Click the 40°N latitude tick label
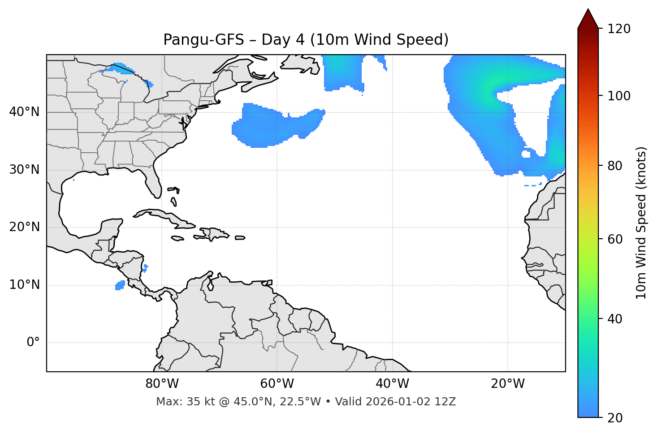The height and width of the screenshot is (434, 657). [24, 112]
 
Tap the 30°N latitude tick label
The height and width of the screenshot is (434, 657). [24, 170]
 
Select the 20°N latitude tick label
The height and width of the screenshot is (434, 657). [24, 227]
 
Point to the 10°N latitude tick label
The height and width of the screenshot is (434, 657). [24, 285]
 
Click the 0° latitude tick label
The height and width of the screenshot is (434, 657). [33, 343]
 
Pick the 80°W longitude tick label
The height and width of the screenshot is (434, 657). [162, 384]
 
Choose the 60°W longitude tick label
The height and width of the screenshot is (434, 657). [277, 384]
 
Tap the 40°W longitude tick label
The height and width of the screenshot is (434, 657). [392, 384]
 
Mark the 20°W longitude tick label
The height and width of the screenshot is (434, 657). [507, 384]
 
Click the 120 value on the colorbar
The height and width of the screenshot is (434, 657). [619, 29]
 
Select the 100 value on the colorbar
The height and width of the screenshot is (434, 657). [619, 96]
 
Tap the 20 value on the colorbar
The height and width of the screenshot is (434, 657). [615, 418]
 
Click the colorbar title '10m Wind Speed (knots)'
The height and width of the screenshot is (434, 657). [641, 223]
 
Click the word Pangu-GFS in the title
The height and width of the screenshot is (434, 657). [203, 40]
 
